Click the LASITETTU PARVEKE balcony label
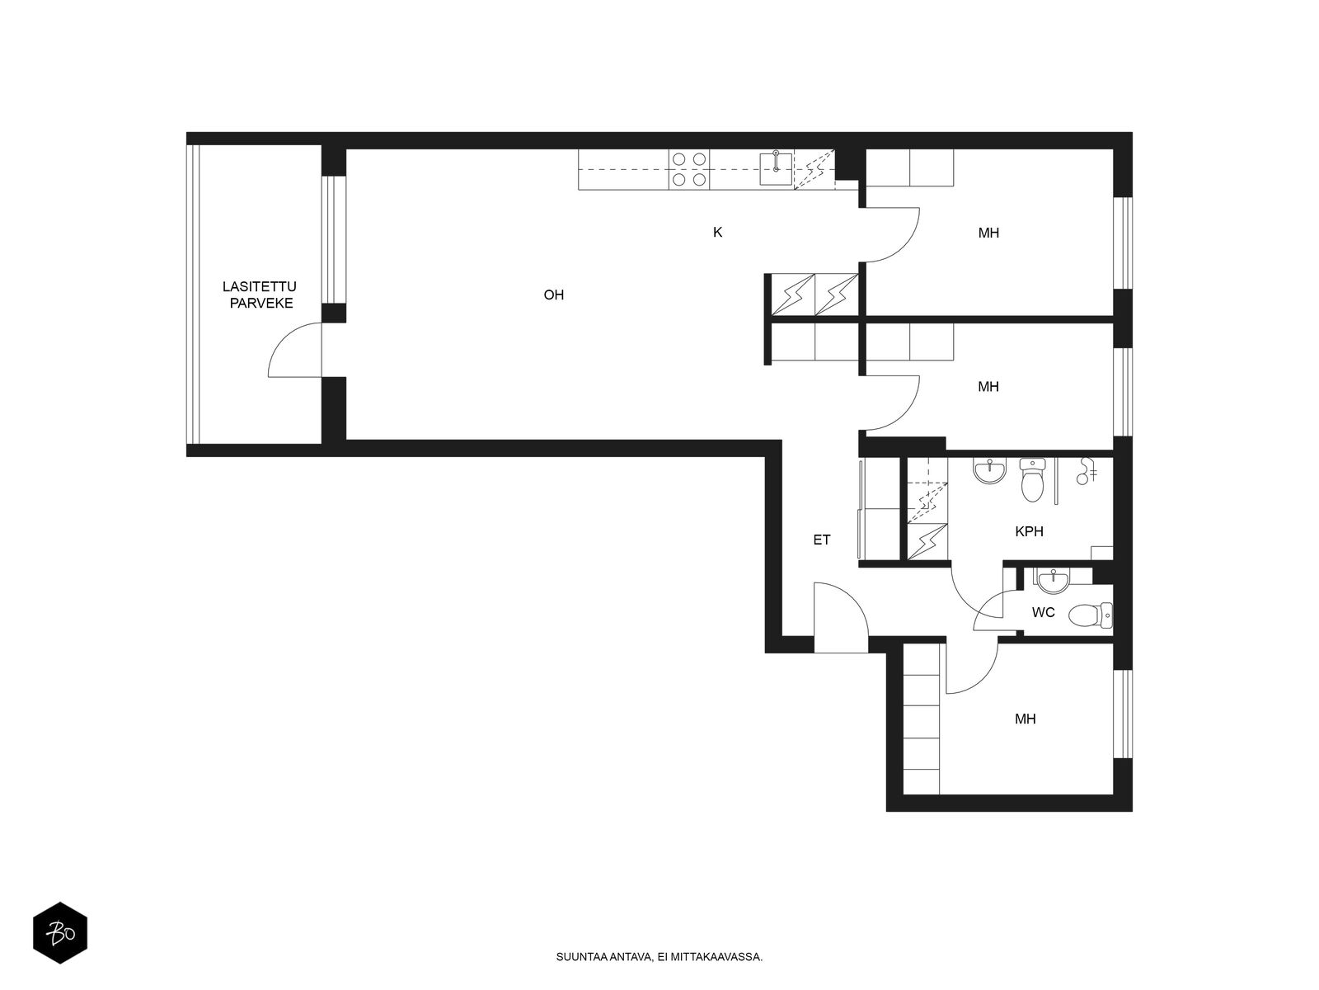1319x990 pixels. pos(258,295)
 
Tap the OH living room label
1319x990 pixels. pos(553,295)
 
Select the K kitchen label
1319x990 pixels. pos(717,233)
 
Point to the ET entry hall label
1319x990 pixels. pos(821,540)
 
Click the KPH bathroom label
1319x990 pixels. pos(1029,532)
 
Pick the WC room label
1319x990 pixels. pos(1043,613)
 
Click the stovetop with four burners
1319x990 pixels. pos(689,169)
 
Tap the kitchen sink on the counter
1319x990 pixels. pos(776,169)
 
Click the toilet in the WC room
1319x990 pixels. pos(1089,615)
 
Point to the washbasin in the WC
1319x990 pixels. pos(1053,582)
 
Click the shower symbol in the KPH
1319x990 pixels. pos(1086,473)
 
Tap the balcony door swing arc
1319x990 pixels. pos(293,351)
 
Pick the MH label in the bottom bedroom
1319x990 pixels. pos(1025,719)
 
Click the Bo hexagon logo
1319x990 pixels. pos(60,934)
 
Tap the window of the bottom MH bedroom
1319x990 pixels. pos(1120,714)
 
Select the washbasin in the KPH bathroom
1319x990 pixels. pos(989,471)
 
